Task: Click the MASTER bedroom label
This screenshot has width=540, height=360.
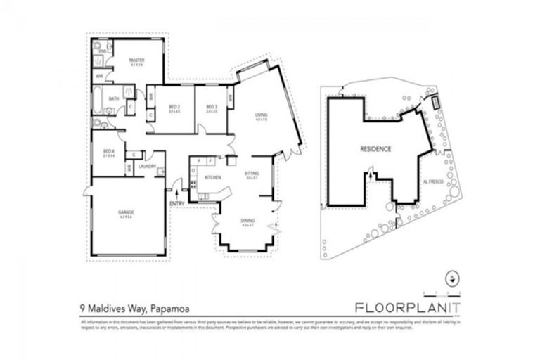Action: [x=136, y=60]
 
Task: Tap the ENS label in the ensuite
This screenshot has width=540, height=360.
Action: [x=101, y=51]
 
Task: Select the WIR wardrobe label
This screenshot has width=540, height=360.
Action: [x=100, y=76]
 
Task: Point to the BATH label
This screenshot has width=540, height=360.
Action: [x=112, y=99]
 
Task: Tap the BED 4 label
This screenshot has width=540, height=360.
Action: [x=108, y=152]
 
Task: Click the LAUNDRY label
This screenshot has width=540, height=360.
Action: [x=147, y=166]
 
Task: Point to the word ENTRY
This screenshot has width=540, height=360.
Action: [x=177, y=204]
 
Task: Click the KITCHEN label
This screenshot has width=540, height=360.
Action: [x=212, y=177]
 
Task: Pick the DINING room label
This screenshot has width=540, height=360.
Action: [x=247, y=221]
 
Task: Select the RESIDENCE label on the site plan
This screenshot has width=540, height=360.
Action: [x=375, y=149]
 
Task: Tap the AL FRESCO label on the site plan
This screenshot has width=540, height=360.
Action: [x=432, y=181]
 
